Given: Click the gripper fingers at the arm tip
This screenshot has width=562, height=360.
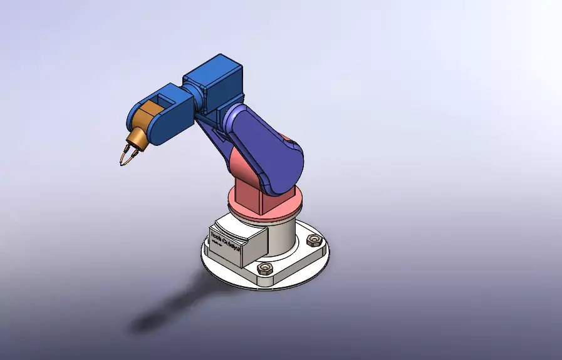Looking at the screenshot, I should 125,155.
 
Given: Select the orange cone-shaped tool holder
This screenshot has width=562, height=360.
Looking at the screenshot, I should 137,140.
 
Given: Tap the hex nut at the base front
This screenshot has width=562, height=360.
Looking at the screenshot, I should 265,269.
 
